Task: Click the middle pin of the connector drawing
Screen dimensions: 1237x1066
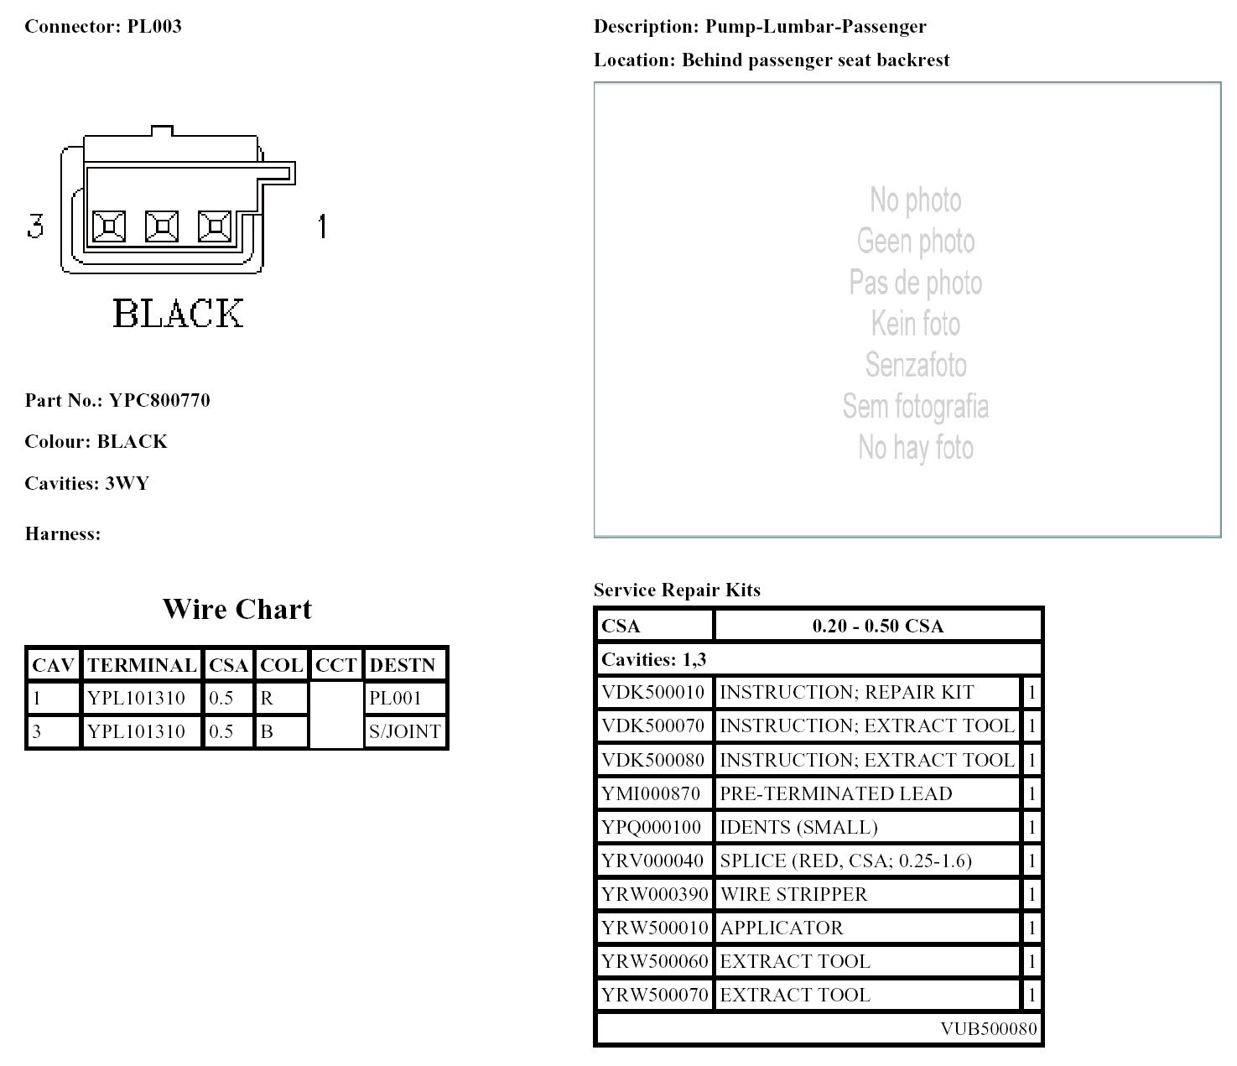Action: coord(162,226)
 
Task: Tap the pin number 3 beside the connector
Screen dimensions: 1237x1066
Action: coord(35,226)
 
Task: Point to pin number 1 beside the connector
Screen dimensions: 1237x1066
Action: coord(322,226)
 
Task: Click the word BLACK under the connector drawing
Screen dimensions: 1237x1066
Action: coord(178,314)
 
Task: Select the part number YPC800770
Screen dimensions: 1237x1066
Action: coord(159,400)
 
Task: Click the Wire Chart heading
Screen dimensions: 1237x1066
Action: coord(236,609)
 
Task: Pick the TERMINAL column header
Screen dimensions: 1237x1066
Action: coord(142,665)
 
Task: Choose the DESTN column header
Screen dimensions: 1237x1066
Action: coord(403,665)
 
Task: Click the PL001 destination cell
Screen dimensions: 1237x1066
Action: coord(396,698)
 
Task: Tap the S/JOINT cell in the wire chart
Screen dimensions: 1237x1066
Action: coord(405,731)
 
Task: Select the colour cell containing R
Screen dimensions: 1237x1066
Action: coord(268,698)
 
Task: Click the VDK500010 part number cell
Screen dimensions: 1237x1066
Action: coord(653,692)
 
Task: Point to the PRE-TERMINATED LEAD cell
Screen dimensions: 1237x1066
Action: coord(836,793)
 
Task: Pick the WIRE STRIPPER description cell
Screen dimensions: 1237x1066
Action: coord(793,894)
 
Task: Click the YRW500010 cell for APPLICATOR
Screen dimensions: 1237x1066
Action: coord(654,928)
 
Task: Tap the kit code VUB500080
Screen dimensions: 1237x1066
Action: coord(988,1029)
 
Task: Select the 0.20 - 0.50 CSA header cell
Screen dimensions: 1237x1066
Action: coord(877,626)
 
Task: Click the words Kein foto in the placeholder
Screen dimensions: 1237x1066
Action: coord(915,323)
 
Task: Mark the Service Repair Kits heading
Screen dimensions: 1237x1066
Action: coord(677,590)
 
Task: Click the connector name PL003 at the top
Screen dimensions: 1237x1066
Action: coord(154,26)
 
